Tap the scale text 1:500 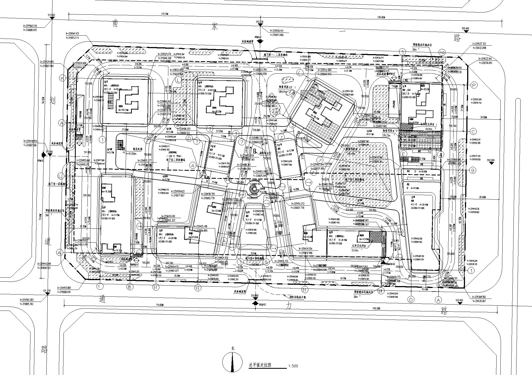tap(293, 366)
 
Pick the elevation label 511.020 tap(51, 15)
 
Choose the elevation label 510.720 tap(260, 22)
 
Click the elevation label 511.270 tap(47, 291)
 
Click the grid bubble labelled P tap(474, 85)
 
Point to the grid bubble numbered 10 tap(442, 52)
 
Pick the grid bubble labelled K tap(62, 78)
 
